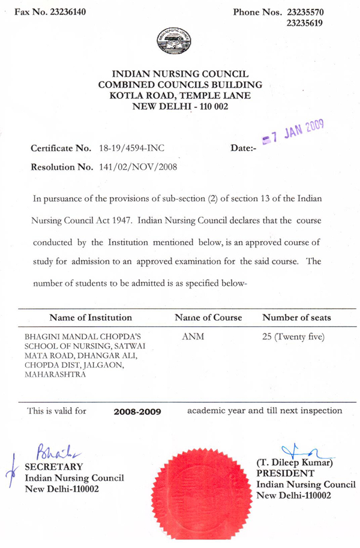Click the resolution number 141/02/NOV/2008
(x=136, y=167)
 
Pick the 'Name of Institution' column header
(x=91, y=317)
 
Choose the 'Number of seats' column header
(x=296, y=317)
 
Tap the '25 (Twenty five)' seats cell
(x=294, y=337)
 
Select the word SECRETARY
(x=53, y=467)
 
